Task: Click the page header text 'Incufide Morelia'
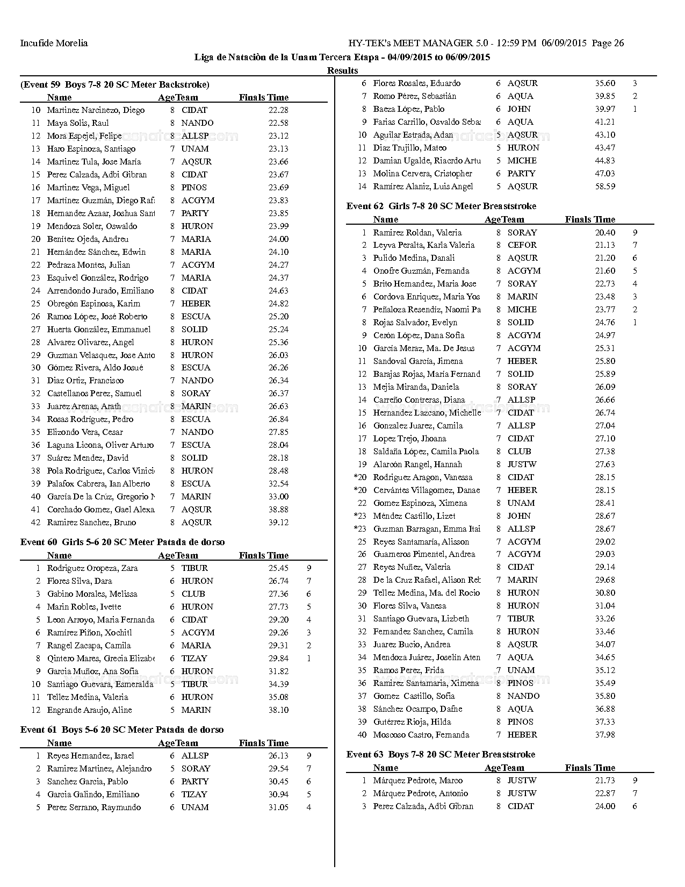tap(54, 44)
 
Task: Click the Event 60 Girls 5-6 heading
tap(122, 542)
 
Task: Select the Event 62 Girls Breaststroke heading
tap(441, 206)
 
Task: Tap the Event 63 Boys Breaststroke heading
tap(441, 754)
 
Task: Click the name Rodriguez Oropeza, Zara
tap(92, 568)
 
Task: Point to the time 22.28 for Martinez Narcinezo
tap(278, 110)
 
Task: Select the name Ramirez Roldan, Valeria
tap(417, 233)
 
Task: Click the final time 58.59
tap(605, 187)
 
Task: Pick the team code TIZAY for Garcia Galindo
tap(194, 795)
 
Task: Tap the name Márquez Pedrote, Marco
tap(418, 781)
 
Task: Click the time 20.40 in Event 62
tap(605, 233)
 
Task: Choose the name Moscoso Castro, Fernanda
tap(421, 735)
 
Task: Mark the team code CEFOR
tap(522, 245)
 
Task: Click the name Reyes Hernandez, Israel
tap(90, 756)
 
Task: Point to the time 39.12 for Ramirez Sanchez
tap(278, 523)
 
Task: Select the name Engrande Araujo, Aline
tap(89, 710)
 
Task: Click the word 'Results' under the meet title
tap(342, 70)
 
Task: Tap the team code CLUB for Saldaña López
tap(519, 452)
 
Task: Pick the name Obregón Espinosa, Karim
tap(93, 304)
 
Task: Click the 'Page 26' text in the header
tap(608, 44)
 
